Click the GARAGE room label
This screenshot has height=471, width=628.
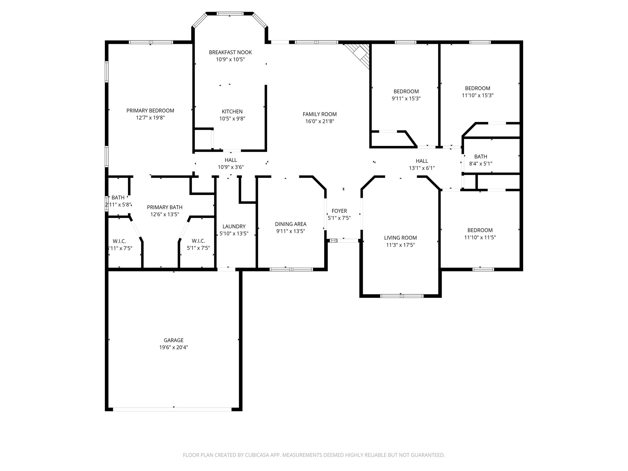pyautogui.click(x=174, y=340)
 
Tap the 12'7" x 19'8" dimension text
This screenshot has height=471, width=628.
pyautogui.click(x=150, y=118)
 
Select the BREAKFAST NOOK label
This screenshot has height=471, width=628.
pyautogui.click(x=230, y=52)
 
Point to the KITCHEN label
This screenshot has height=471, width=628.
pyautogui.click(x=232, y=112)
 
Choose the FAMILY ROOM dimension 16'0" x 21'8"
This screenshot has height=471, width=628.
pyautogui.click(x=320, y=121)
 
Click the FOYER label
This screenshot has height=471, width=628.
pyautogui.click(x=339, y=211)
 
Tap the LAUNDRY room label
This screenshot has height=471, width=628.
pyautogui.click(x=234, y=226)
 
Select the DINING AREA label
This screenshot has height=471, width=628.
pyautogui.click(x=290, y=224)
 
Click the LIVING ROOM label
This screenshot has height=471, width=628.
pyautogui.click(x=400, y=238)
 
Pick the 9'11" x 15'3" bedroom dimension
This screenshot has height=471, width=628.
pyautogui.click(x=406, y=99)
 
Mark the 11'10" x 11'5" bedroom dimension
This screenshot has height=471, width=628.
pyautogui.click(x=480, y=237)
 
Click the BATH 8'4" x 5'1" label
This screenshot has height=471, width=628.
pyautogui.click(x=481, y=157)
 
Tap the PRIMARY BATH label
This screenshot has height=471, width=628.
pyautogui.click(x=165, y=207)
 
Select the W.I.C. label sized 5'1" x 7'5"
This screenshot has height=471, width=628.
pyautogui.click(x=198, y=241)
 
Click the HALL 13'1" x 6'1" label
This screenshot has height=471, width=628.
pyautogui.click(x=422, y=161)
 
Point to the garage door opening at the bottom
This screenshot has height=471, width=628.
pyautogui.click(x=172, y=409)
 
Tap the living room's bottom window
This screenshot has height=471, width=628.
pyautogui.click(x=402, y=296)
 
